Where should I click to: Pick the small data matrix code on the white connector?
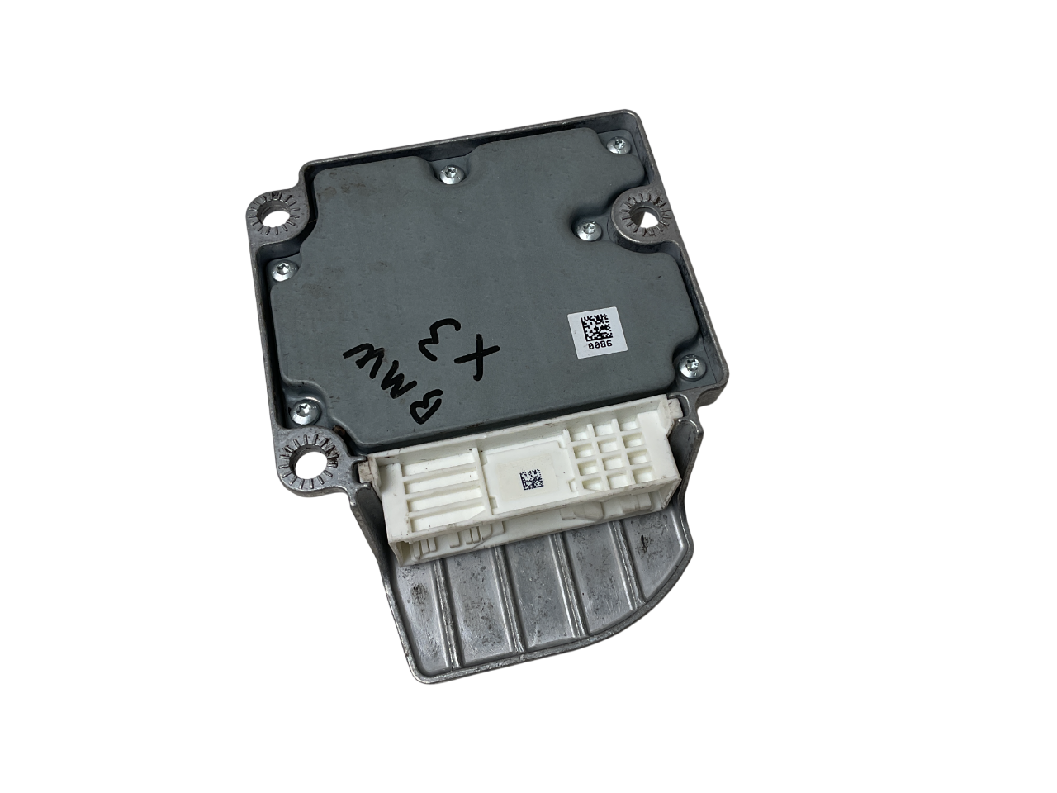coord(529,480)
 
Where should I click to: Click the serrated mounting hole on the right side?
coord(643,216)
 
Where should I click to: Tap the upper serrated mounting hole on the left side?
coord(271,217)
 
